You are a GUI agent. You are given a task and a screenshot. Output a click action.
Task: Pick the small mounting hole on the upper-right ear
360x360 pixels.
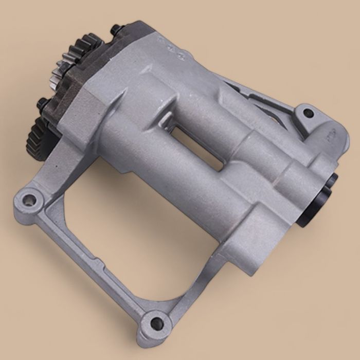coord(308,113)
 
